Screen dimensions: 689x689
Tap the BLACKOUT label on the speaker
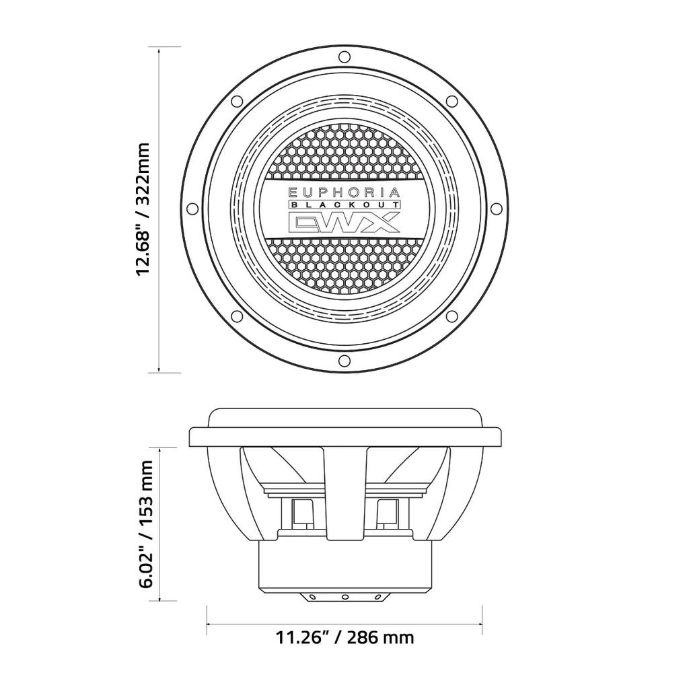tap(344, 205)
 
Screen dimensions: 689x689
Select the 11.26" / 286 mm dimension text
tap(344, 637)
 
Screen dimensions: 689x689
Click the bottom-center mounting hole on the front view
tap(344, 361)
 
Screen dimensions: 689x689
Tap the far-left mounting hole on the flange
tap(190, 208)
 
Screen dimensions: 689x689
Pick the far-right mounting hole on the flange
tap(497, 208)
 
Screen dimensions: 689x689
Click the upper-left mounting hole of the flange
tap(236, 101)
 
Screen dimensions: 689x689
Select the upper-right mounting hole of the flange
tap(453, 101)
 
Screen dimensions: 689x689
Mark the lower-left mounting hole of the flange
tap(236, 316)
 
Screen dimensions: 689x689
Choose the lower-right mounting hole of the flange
tap(453, 316)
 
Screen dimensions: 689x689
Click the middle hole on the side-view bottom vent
tap(344, 596)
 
